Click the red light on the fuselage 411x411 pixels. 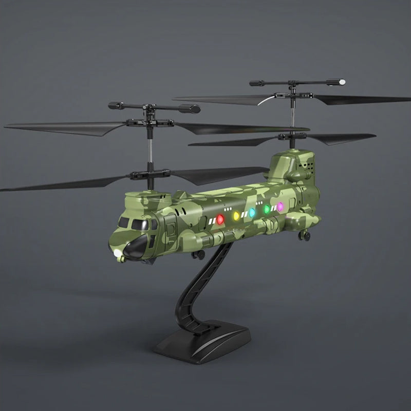(x=220, y=219)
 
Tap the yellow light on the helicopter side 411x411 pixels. (x=237, y=216)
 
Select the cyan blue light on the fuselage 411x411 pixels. (x=252, y=212)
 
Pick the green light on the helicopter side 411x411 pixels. (x=267, y=209)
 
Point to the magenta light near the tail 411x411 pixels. (x=281, y=207)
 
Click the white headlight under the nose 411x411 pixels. (x=118, y=254)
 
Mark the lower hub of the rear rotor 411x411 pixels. (x=291, y=136)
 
